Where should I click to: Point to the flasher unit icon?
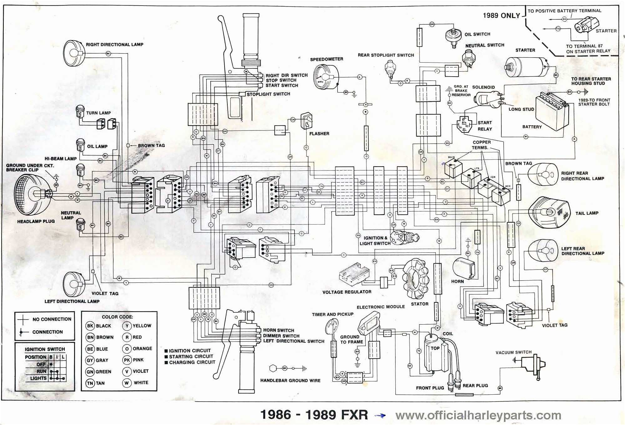click(307, 121)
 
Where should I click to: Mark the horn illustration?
click(465, 268)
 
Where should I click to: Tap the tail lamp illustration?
click(548, 212)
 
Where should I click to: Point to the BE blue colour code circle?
click(90, 349)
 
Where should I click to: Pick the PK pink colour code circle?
click(127, 360)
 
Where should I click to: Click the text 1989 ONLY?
click(501, 16)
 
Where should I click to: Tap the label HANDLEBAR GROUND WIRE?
click(290, 381)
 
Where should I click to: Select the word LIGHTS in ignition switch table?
click(38, 378)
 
